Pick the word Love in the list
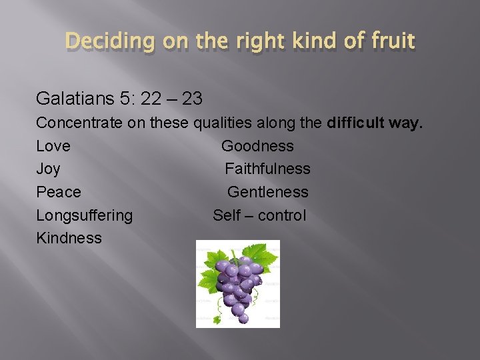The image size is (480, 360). coord(53,146)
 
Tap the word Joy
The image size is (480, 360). coord(48,169)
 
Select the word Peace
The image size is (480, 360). coord(58,192)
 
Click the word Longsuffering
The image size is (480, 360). coord(84,215)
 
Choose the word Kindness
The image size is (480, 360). coord(69,238)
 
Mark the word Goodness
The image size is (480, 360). coord(257,146)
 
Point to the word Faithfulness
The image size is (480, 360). coord(267,169)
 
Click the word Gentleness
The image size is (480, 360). coord(267,192)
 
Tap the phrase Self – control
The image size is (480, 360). coord(259,215)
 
